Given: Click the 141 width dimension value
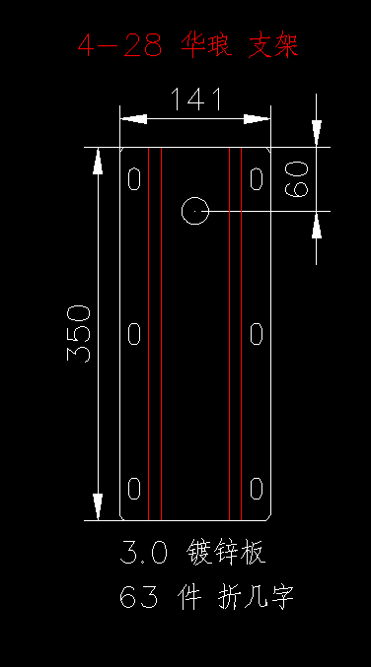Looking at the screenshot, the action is click(196, 100).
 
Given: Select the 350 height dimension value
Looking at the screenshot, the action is click(79, 333).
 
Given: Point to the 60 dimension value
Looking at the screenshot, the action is click(296, 179).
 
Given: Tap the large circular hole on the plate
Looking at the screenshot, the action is click(195, 211).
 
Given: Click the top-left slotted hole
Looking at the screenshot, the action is click(134, 178).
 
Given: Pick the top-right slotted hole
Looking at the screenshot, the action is click(256, 178).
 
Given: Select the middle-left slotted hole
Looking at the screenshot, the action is click(134, 333).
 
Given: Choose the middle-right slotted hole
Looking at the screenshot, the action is click(256, 333).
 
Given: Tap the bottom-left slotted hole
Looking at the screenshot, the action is click(134, 489).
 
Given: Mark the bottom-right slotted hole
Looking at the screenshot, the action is click(256, 489).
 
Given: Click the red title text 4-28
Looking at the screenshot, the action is click(120, 45).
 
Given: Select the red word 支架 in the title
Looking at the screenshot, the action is click(273, 45).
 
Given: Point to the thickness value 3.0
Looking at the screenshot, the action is click(143, 552).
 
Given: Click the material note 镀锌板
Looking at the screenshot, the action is click(226, 552).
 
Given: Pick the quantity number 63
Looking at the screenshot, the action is click(138, 597).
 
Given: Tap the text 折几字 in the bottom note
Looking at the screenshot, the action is click(256, 597).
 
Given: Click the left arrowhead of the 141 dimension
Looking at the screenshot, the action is click(133, 119).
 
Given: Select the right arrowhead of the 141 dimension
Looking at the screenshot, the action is click(257, 119).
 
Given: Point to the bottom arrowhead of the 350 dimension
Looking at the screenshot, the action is click(98, 506).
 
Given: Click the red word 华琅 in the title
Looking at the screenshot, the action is click(206, 45).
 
